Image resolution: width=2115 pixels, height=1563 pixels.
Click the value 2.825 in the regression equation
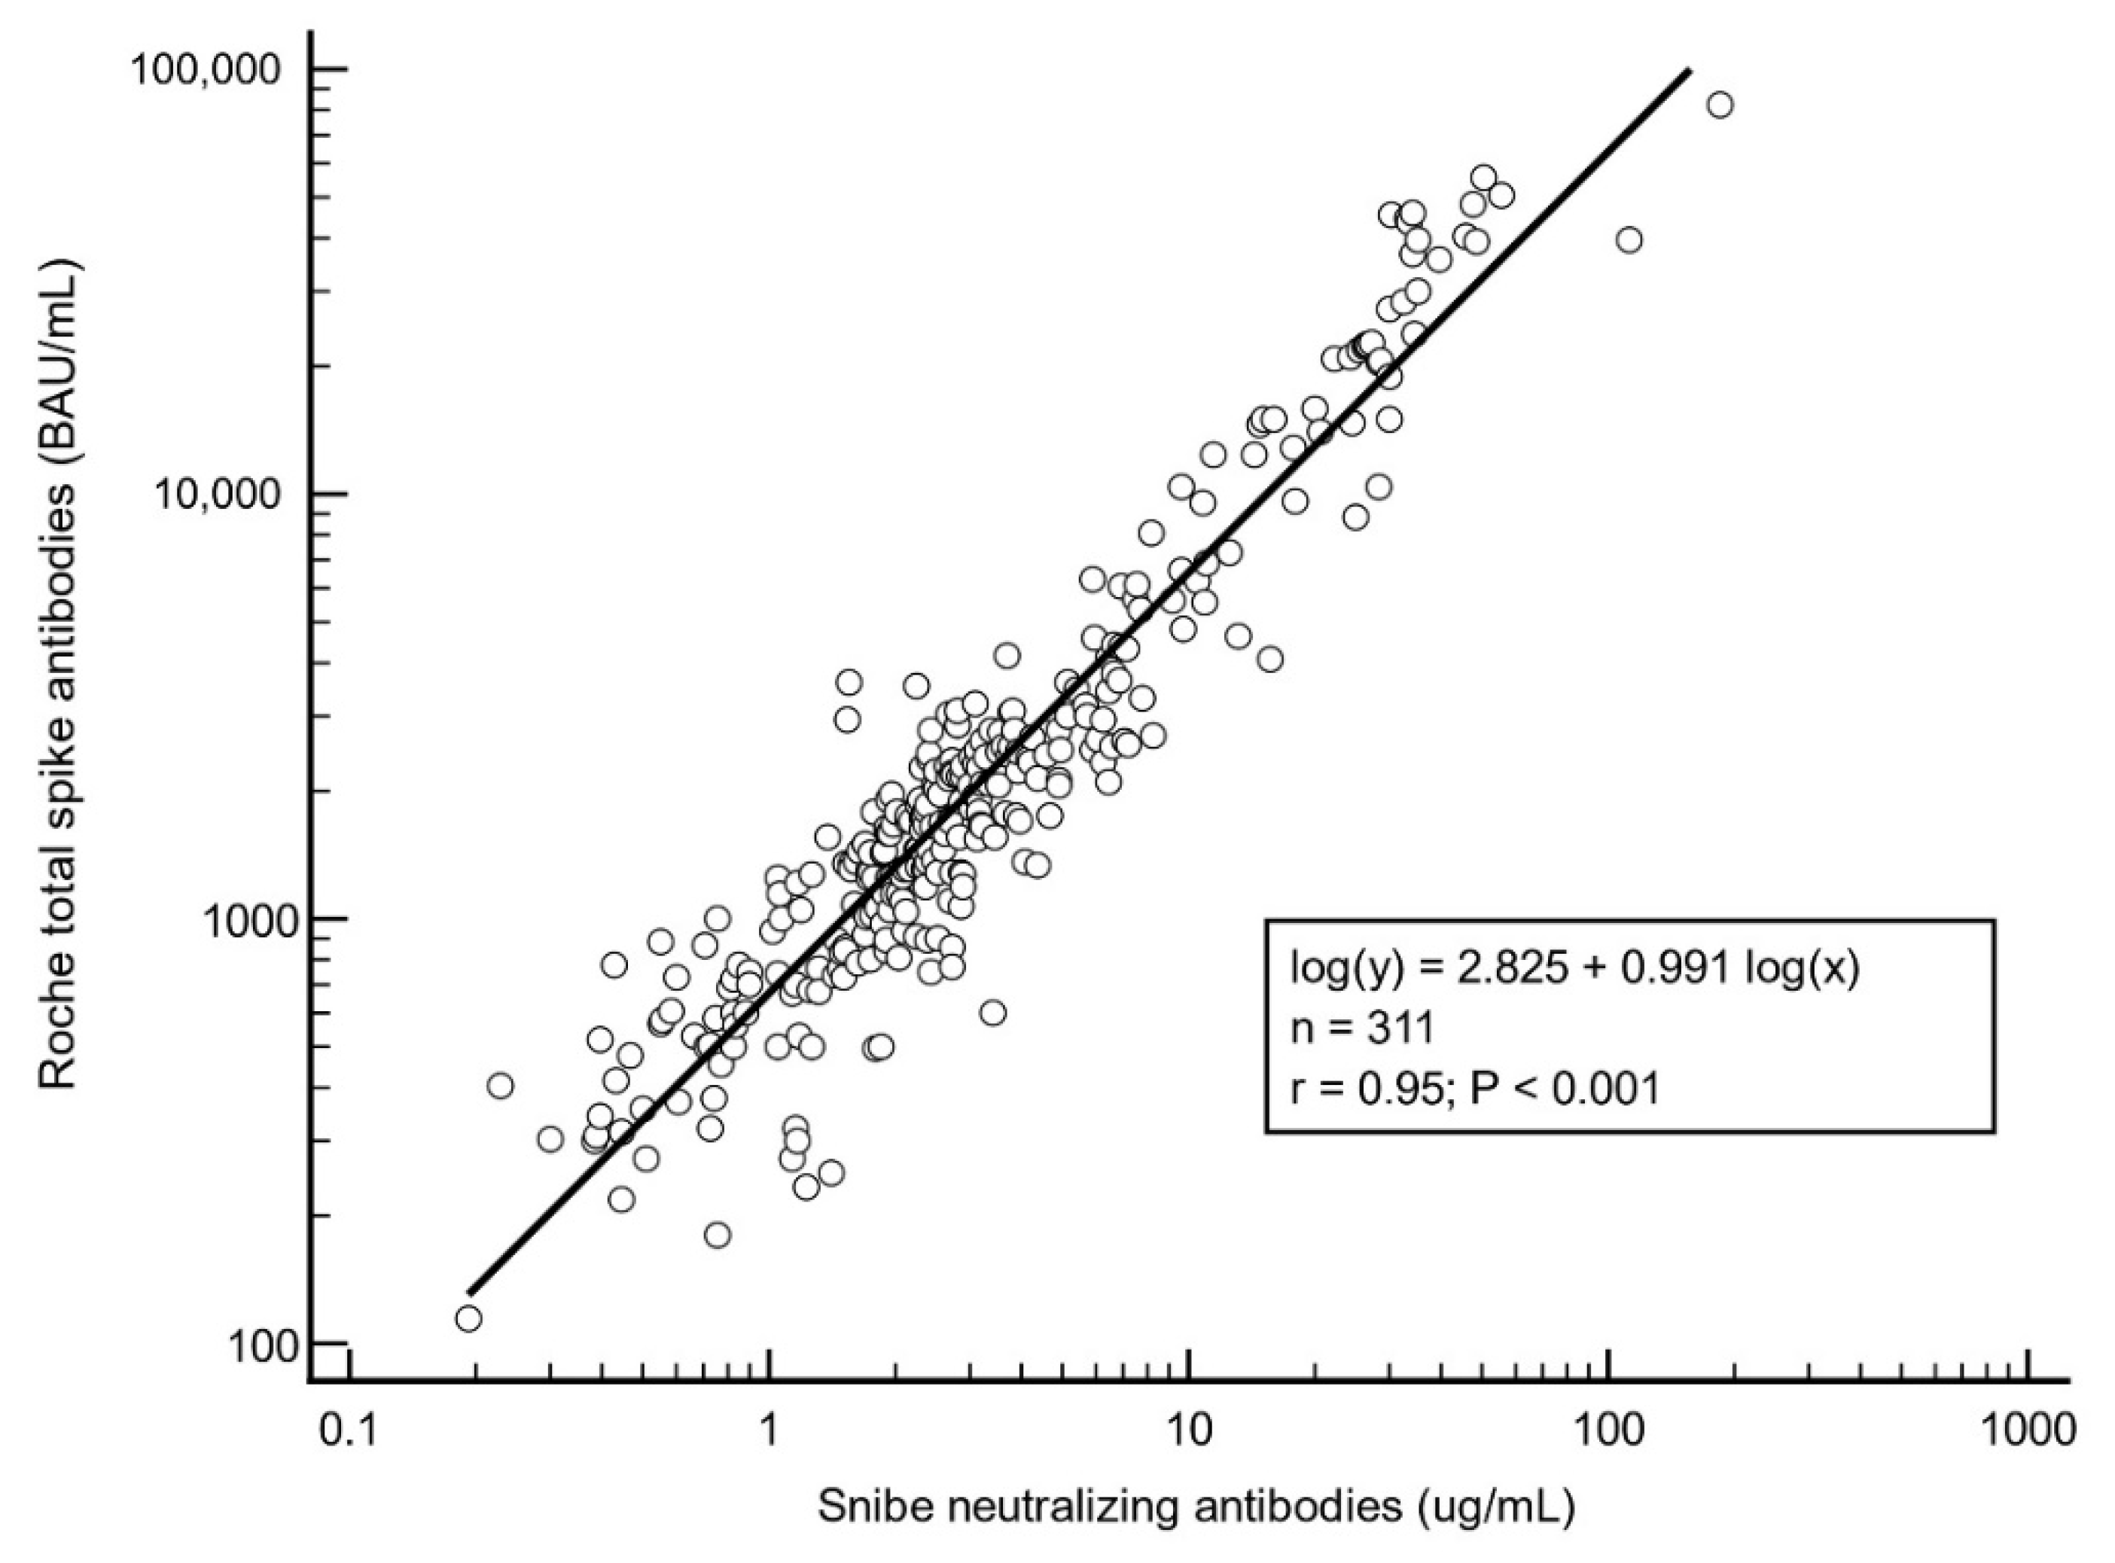tap(1508, 969)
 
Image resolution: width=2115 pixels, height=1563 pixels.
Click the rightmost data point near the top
tap(1720, 105)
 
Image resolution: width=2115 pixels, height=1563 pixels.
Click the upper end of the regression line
tap(1689, 71)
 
